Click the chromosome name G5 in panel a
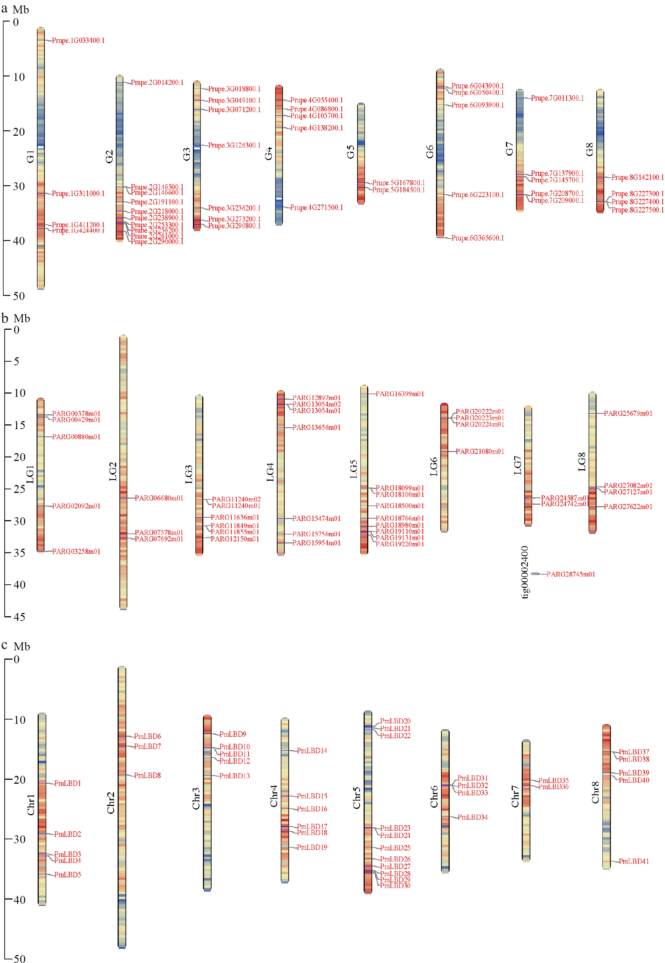pos(350,152)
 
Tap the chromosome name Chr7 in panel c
pos(515,796)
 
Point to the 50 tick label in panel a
pos(19,296)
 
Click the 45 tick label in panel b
pos(19,617)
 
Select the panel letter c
pos(5,645)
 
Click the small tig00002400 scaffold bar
pos(535,574)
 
